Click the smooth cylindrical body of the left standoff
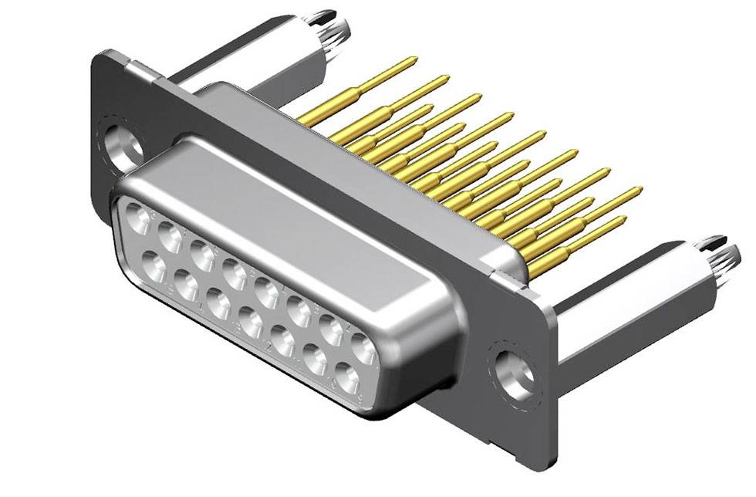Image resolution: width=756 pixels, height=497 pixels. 255,58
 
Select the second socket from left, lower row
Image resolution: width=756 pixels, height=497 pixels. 185,285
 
